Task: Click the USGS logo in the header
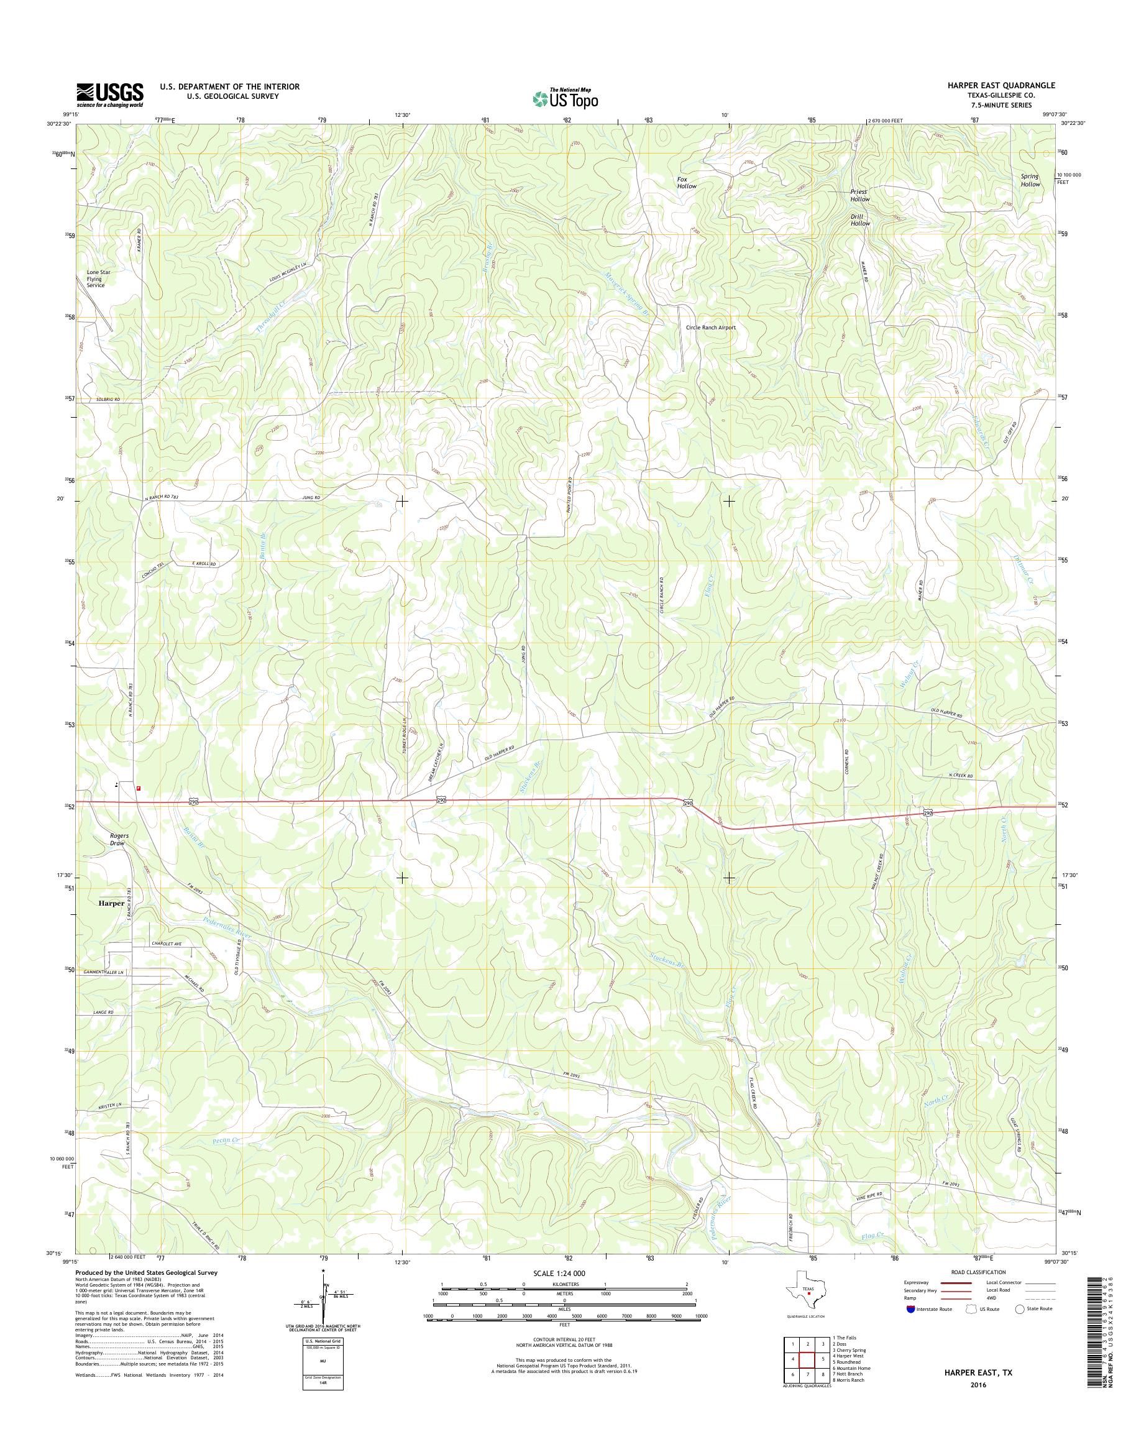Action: pyautogui.click(x=110, y=94)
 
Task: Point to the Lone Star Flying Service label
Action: pyautogui.click(x=96, y=279)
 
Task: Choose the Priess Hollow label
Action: pyautogui.click(x=859, y=195)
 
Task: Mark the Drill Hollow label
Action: pyautogui.click(x=860, y=220)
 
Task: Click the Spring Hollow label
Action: pyautogui.click(x=1030, y=180)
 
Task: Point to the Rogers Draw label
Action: pyautogui.click(x=119, y=839)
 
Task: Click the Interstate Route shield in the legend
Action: pyautogui.click(x=910, y=1310)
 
